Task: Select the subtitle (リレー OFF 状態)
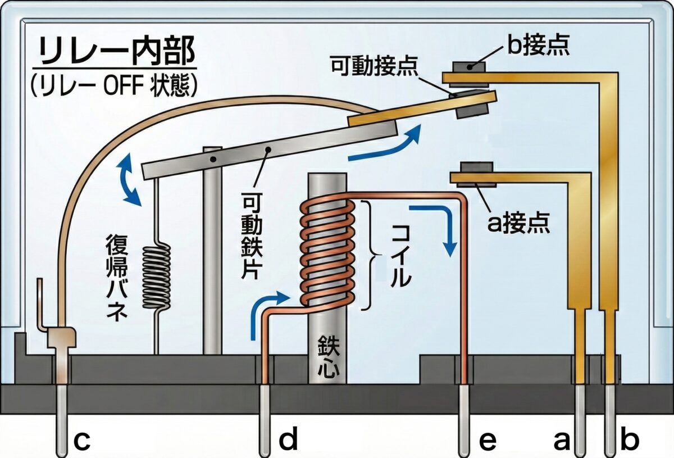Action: [115, 85]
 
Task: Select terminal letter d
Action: [288, 442]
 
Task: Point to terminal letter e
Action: [488, 442]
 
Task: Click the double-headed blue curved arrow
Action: [129, 181]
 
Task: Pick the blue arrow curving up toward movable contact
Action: [388, 143]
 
